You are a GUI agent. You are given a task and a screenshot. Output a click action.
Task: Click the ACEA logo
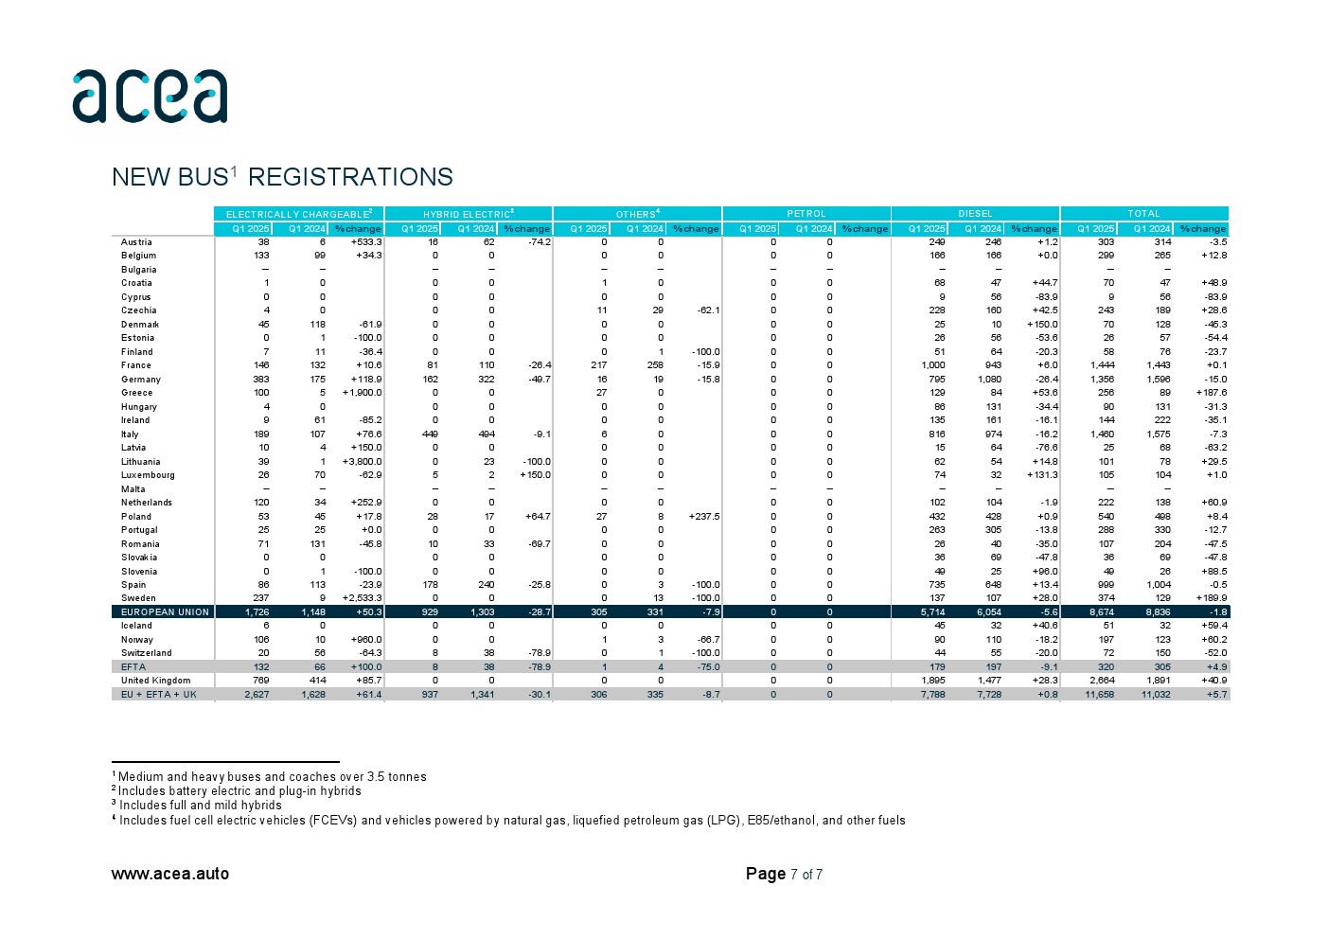click(150, 96)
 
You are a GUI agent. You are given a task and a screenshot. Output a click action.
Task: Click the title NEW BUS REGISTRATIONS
click(282, 177)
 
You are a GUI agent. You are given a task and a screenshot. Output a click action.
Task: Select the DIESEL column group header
click(975, 214)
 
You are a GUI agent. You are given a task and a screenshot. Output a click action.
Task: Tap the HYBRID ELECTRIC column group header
click(468, 214)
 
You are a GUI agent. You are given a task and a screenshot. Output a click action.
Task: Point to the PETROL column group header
click(806, 214)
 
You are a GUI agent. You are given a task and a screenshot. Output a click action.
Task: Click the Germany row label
click(141, 380)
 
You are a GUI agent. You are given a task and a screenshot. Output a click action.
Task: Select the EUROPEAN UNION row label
click(165, 612)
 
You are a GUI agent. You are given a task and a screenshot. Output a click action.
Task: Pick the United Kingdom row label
click(155, 681)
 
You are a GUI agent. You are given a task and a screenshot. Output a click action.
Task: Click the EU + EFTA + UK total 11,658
click(1099, 695)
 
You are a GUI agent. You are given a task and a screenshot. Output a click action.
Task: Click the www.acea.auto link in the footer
click(170, 874)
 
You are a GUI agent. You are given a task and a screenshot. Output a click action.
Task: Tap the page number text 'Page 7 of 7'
click(784, 874)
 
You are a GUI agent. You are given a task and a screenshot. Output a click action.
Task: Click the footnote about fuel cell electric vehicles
click(511, 821)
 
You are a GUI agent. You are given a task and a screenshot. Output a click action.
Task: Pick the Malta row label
click(133, 489)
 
